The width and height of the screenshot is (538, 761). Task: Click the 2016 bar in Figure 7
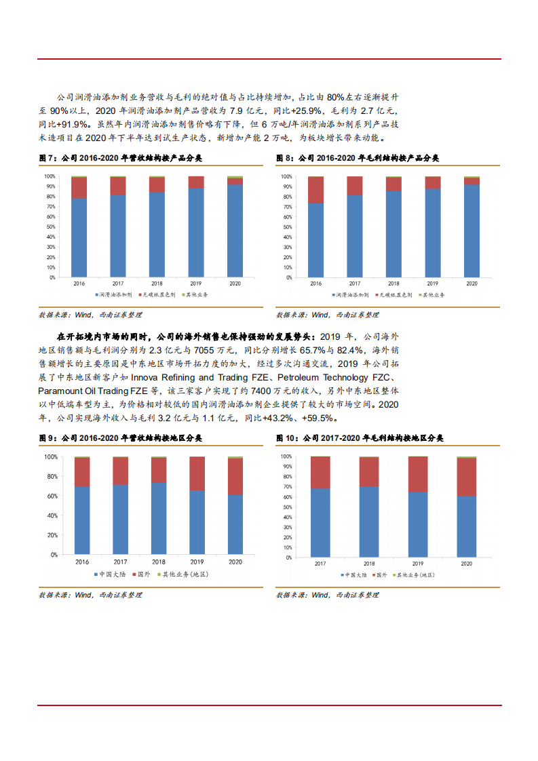(79, 231)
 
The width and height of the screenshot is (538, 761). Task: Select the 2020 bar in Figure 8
(471, 231)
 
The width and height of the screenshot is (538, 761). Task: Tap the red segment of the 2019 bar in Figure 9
(197, 473)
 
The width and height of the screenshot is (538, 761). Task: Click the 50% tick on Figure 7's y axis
(50, 227)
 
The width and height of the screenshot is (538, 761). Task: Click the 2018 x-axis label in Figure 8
(393, 283)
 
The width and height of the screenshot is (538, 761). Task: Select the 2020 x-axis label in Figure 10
(466, 564)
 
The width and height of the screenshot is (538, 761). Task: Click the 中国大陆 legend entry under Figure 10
(353, 574)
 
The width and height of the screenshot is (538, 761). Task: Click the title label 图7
(48, 158)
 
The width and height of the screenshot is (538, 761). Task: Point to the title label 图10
(288, 439)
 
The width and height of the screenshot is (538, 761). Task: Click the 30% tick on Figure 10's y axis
(288, 526)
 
